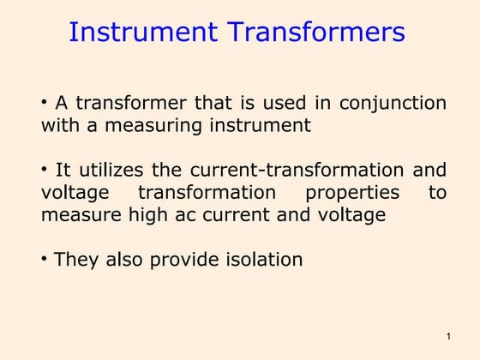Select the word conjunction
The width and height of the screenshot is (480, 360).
click(393, 104)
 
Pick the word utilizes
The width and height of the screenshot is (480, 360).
click(111, 170)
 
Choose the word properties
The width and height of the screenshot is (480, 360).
click(352, 192)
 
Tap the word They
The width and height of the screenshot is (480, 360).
click(75, 259)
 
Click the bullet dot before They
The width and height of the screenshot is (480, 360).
click(45, 257)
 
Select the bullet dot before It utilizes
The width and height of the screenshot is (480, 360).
click(45, 168)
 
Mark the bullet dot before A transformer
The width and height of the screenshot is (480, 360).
click(45, 102)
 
